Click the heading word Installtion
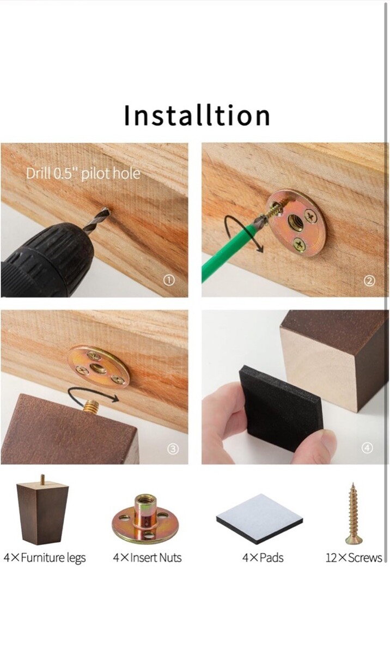[197, 116]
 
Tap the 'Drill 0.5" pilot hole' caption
[83, 173]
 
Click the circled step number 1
[169, 280]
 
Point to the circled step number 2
[369, 281]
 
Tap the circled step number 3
[173, 449]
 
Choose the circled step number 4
[367, 447]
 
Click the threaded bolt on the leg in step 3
[91, 406]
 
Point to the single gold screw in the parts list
[354, 513]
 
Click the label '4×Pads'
[263, 558]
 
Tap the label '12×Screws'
[354, 558]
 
